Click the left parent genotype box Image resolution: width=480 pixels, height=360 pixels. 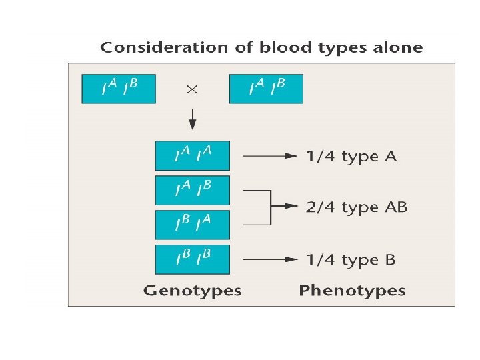click(119, 89)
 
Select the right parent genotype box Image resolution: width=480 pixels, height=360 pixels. click(266, 89)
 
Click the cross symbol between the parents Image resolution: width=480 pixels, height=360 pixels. click(192, 90)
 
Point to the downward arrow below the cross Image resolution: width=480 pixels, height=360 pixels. click(192, 120)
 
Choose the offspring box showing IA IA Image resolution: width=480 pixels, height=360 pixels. click(192, 156)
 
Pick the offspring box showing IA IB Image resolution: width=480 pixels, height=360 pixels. click(192, 191)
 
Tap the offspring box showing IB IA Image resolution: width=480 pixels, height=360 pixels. click(192, 225)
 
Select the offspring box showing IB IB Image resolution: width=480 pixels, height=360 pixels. click(192, 259)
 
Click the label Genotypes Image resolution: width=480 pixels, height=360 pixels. click(192, 291)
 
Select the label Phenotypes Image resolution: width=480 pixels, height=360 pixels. click(352, 291)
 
